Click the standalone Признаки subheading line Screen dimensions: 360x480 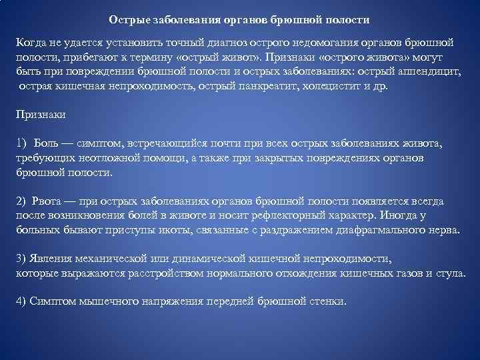point(41,115)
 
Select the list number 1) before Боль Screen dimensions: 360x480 point(22,144)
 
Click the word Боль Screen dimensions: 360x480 point(48,144)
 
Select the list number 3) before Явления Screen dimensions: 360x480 point(21,259)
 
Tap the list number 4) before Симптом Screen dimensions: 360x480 point(21,302)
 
